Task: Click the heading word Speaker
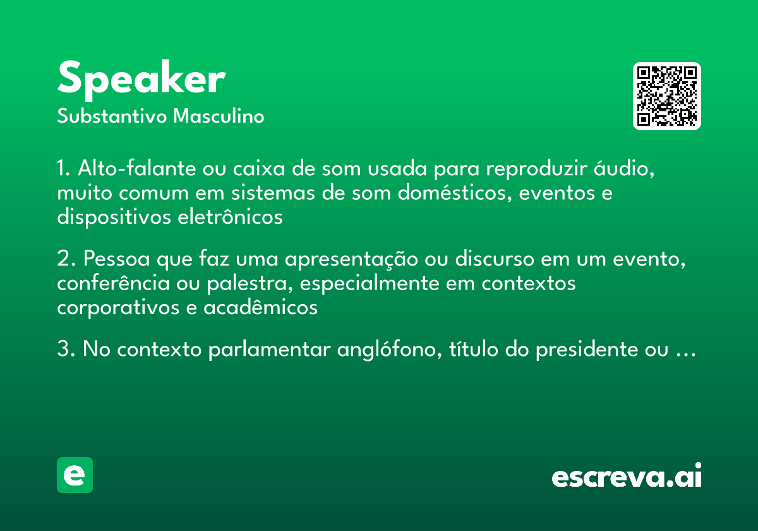click(x=141, y=80)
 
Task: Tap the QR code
click(x=667, y=96)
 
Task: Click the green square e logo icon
click(x=75, y=475)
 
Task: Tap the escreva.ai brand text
click(x=627, y=477)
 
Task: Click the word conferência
click(x=113, y=283)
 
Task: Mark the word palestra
click(x=250, y=283)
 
